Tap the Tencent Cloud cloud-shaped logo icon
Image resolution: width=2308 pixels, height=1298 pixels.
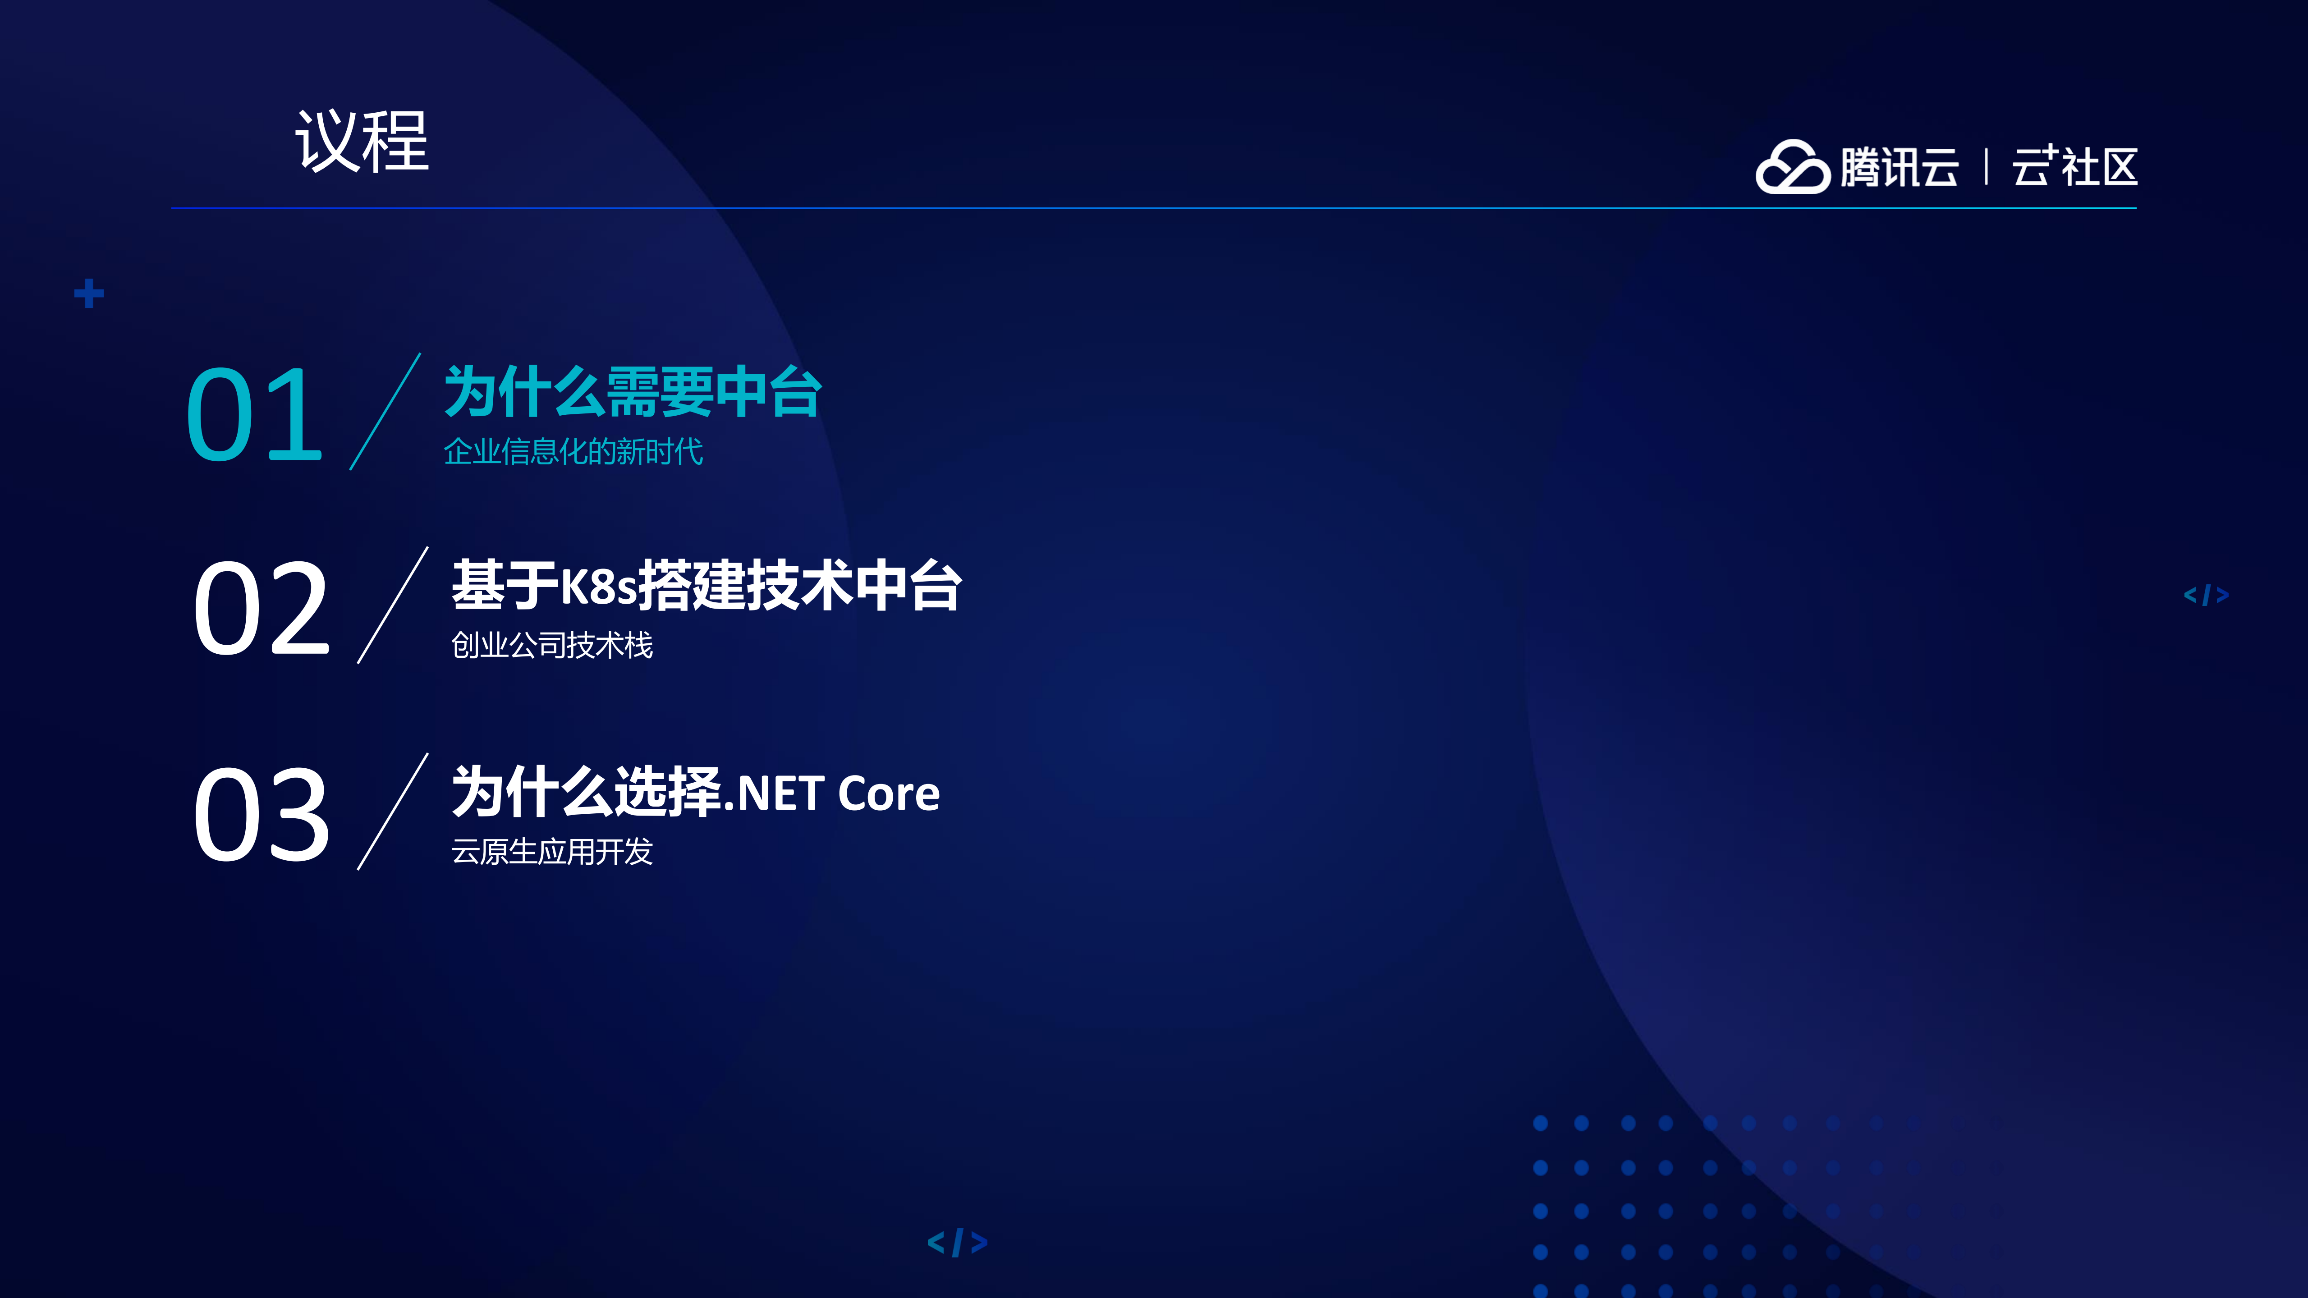[x=1791, y=168]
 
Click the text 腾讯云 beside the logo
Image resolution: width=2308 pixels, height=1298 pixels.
[x=1900, y=168]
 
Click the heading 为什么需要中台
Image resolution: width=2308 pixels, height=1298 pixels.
[x=633, y=392]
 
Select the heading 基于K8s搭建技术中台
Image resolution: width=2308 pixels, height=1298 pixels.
[x=706, y=586]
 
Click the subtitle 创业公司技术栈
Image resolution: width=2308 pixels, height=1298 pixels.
[x=552, y=645]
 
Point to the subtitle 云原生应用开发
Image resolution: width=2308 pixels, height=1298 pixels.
[x=552, y=851]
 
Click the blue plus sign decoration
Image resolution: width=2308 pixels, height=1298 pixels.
[x=89, y=293]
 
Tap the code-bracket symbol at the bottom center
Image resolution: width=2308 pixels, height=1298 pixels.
[x=957, y=1243]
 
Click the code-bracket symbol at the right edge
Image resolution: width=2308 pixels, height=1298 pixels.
[x=2206, y=595]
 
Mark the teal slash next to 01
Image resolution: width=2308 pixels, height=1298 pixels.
[x=385, y=411]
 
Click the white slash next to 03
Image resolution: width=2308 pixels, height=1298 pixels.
[x=392, y=812]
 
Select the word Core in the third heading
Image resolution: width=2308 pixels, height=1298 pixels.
[x=889, y=793]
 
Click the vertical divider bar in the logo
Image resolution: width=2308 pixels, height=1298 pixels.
[x=1987, y=168]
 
